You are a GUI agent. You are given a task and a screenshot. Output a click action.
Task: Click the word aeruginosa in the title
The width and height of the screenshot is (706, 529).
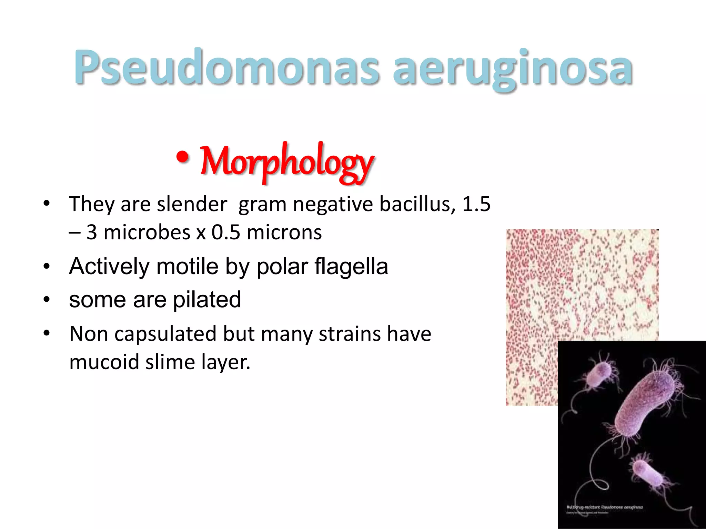point(513,67)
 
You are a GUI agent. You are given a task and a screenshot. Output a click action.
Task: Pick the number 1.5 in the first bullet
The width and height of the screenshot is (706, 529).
point(476,204)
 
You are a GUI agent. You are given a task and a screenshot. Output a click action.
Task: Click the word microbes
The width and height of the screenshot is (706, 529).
point(147,232)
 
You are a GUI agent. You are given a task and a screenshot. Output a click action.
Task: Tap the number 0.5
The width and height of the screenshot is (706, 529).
point(226,232)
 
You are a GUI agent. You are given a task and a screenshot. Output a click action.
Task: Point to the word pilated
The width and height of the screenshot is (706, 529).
point(207,300)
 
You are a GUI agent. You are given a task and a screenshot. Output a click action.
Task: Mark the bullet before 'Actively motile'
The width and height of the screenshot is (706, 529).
point(47,266)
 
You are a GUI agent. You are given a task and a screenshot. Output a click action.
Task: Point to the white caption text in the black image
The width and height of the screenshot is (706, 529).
point(605,508)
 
